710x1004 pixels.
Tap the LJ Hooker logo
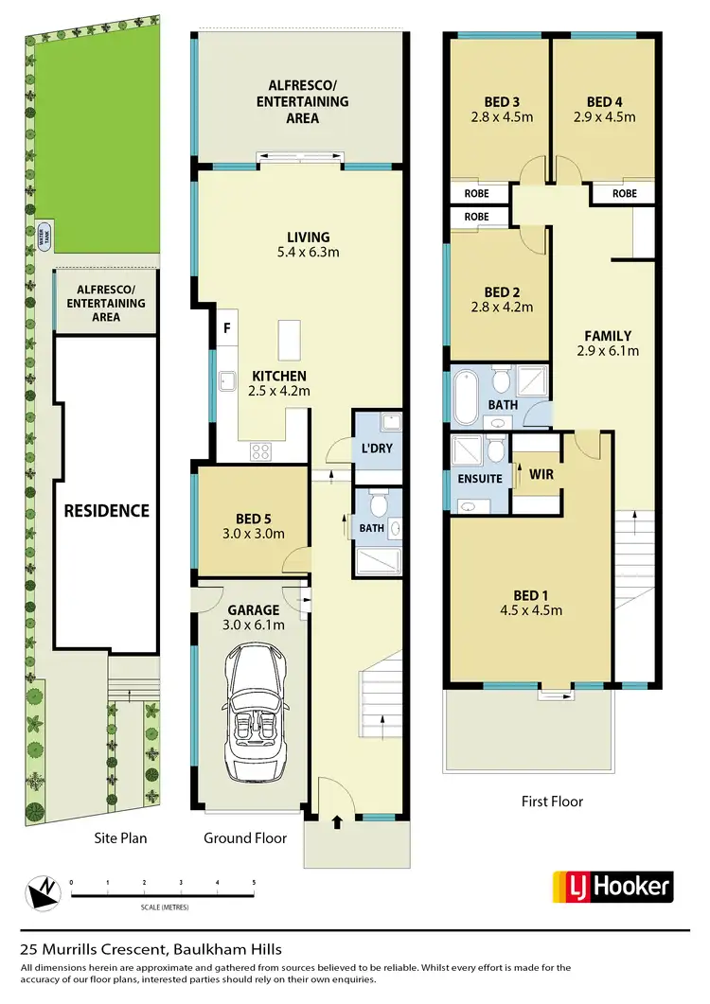pyautogui.click(x=612, y=887)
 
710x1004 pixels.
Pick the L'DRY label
pyautogui.click(x=377, y=448)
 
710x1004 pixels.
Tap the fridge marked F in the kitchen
pyautogui.click(x=227, y=329)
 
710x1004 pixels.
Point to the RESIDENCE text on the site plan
pyautogui.click(x=106, y=510)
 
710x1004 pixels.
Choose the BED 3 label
pyautogui.click(x=498, y=102)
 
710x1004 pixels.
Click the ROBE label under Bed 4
pyautogui.click(x=624, y=193)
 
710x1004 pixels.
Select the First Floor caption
pyautogui.click(x=552, y=801)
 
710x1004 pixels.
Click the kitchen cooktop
pyautogui.click(x=261, y=452)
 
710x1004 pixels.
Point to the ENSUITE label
pyautogui.click(x=479, y=479)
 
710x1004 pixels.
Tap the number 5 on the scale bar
pyautogui.click(x=254, y=882)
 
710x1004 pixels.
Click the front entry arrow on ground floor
pyautogui.click(x=337, y=823)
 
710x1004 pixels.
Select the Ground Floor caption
pyautogui.click(x=245, y=837)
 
